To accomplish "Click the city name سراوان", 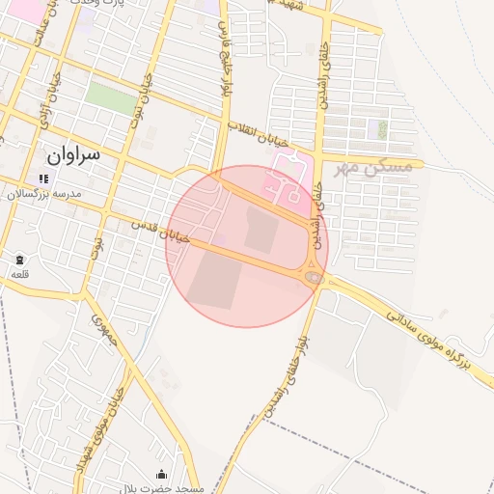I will (72, 155).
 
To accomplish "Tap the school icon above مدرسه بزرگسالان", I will (42, 178).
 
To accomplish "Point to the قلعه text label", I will (19, 275).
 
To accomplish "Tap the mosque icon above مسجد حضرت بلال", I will (161, 474).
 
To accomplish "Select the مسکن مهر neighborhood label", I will (373, 167).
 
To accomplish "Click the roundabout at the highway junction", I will (313, 278).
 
